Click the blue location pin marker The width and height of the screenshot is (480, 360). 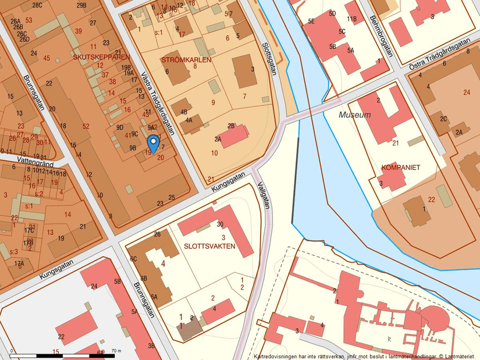pos(153,143)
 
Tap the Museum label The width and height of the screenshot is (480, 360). pos(354,115)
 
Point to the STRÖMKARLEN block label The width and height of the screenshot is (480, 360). pos(186,59)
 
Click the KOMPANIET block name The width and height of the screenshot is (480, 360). pos(400,167)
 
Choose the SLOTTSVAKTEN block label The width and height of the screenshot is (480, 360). pos(209,246)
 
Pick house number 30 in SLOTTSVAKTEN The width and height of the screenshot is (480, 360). pos(220,224)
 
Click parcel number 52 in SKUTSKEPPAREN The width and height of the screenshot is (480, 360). pos(86,126)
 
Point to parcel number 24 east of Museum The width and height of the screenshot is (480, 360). pos(467,92)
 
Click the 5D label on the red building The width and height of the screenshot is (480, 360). pos(332,13)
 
